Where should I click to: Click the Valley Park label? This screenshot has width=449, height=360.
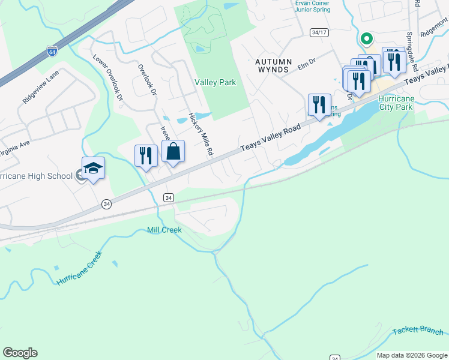coord(215,82)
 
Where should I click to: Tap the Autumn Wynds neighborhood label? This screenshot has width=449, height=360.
coord(273,65)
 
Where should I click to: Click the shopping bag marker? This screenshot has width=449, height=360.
coord(173,153)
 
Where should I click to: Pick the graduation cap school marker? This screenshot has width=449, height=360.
coord(93,169)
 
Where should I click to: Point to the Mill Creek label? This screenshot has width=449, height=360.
coord(164,230)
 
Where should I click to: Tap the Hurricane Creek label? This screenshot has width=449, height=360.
coord(79,268)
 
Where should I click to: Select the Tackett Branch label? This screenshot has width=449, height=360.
coord(418,331)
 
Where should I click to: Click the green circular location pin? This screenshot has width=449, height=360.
coord(366,38)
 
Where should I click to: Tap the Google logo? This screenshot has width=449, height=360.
coord(20,353)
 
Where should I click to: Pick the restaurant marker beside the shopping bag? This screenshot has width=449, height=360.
coord(146,156)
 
